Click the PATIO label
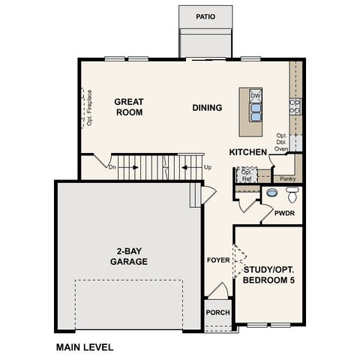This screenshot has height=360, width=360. click(x=205, y=16)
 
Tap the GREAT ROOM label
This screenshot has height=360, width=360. click(x=128, y=106)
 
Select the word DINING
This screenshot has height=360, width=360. click(x=207, y=107)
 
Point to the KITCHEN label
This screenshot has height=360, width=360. click(x=248, y=152)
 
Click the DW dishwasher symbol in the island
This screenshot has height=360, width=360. click(x=256, y=96)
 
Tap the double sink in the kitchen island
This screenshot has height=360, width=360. click(x=256, y=112)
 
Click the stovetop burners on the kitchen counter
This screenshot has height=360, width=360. click(x=295, y=106)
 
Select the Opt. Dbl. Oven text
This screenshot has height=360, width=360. click(x=282, y=142)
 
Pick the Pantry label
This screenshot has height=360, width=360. click(x=287, y=178)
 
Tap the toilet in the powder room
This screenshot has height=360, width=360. click(x=292, y=195)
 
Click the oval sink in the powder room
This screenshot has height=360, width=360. click(x=271, y=193)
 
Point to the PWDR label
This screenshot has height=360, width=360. click(x=284, y=213)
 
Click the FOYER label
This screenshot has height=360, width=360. click(x=218, y=260)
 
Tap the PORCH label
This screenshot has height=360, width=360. click(x=217, y=312)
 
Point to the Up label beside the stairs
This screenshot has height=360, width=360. click(x=207, y=166)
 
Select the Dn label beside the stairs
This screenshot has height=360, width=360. click(x=112, y=166)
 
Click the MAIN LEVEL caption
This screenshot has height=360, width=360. click(x=85, y=347)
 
